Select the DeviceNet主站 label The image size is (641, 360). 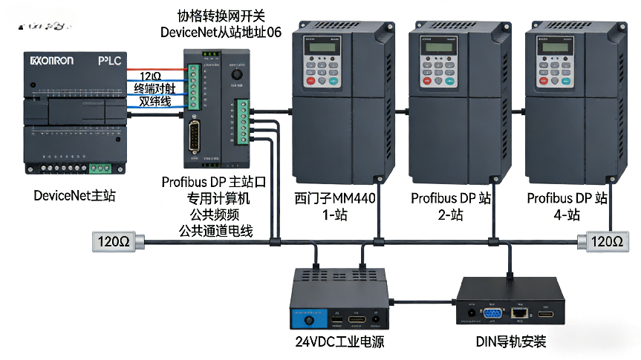(x=74, y=196)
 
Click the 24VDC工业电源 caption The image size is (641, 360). (x=339, y=342)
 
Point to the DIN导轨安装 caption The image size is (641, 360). (x=511, y=342)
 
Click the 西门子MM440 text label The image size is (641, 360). (x=335, y=199)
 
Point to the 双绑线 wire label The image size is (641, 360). (x=154, y=101)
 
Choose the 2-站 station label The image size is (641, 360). (x=451, y=215)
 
